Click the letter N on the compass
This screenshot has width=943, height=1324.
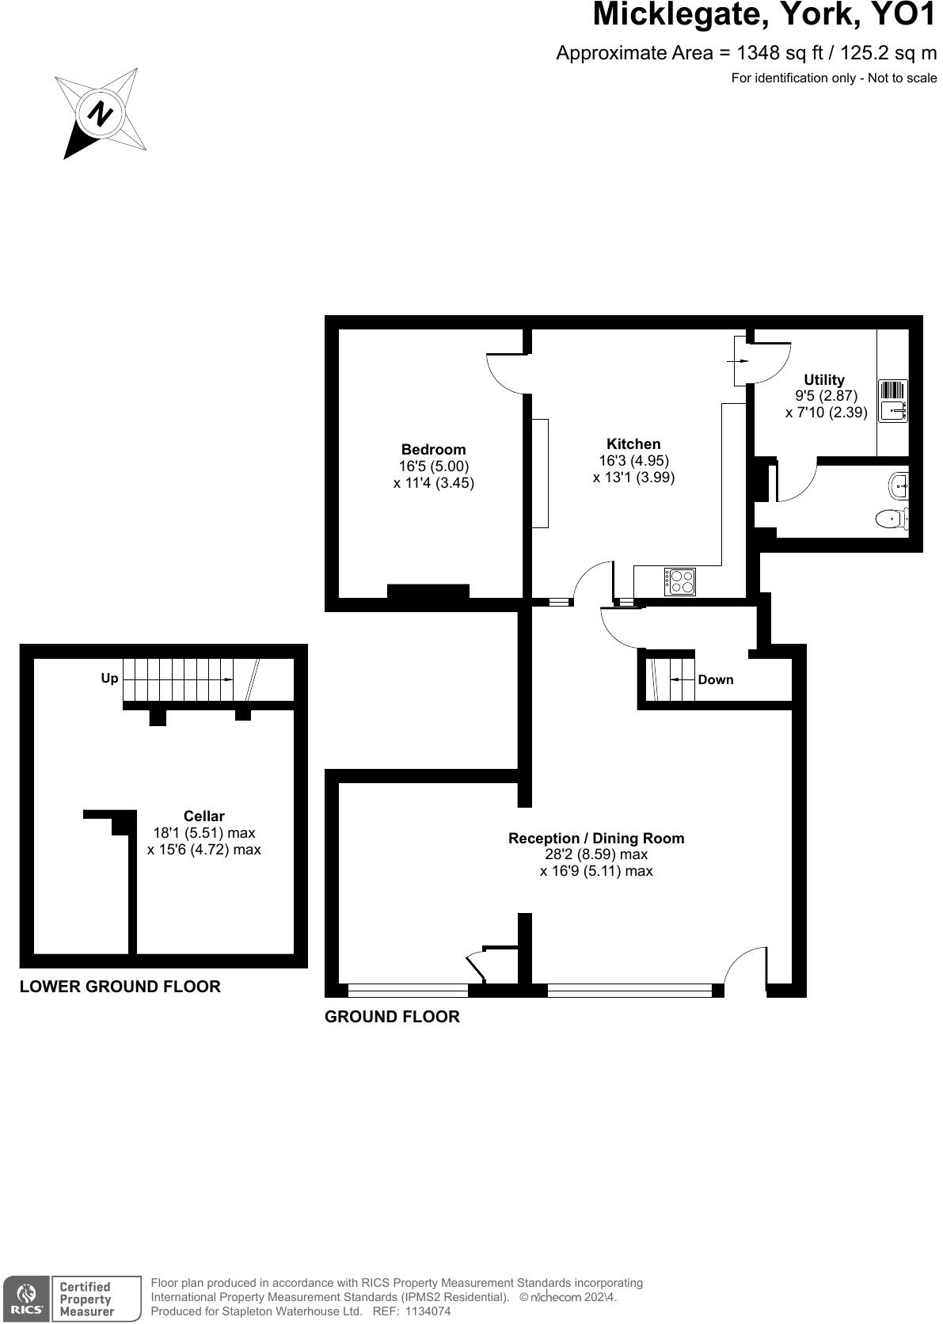(100, 114)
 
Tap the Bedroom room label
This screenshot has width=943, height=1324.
(433, 450)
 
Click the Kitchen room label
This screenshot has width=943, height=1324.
(633, 444)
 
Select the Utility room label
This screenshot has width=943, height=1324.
(824, 380)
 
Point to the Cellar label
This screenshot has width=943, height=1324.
(203, 816)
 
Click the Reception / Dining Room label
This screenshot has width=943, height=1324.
(596, 839)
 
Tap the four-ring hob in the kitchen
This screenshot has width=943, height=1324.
(680, 582)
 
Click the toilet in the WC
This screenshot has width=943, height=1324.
(893, 519)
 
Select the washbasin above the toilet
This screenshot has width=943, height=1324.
(899, 484)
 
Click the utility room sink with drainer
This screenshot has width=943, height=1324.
(893, 401)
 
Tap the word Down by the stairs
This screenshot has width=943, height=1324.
(716, 680)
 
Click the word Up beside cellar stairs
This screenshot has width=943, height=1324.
(109, 679)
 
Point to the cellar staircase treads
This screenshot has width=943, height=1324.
(178, 679)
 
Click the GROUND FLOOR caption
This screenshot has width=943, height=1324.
(392, 1017)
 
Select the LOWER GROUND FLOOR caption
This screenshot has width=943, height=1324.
(120, 987)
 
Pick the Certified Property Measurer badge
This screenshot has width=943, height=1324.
(86, 1299)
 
